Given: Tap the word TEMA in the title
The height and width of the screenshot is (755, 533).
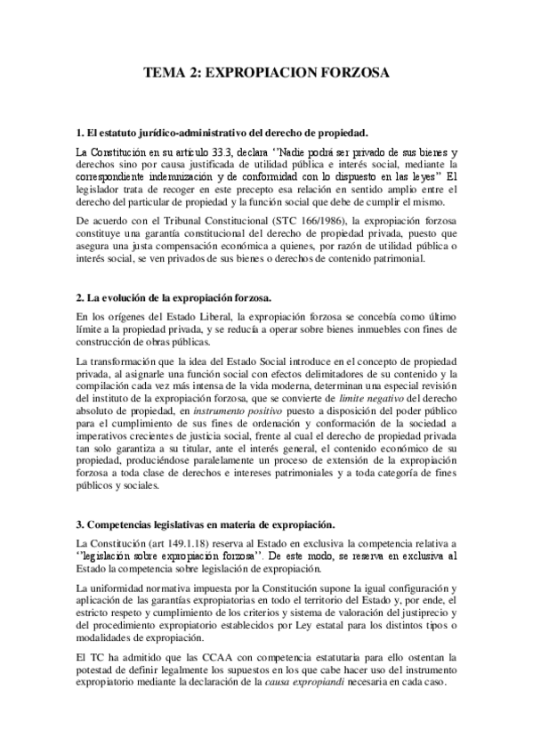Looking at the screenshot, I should point(166,75).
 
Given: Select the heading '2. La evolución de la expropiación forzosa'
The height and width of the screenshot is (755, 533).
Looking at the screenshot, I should point(180,296).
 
